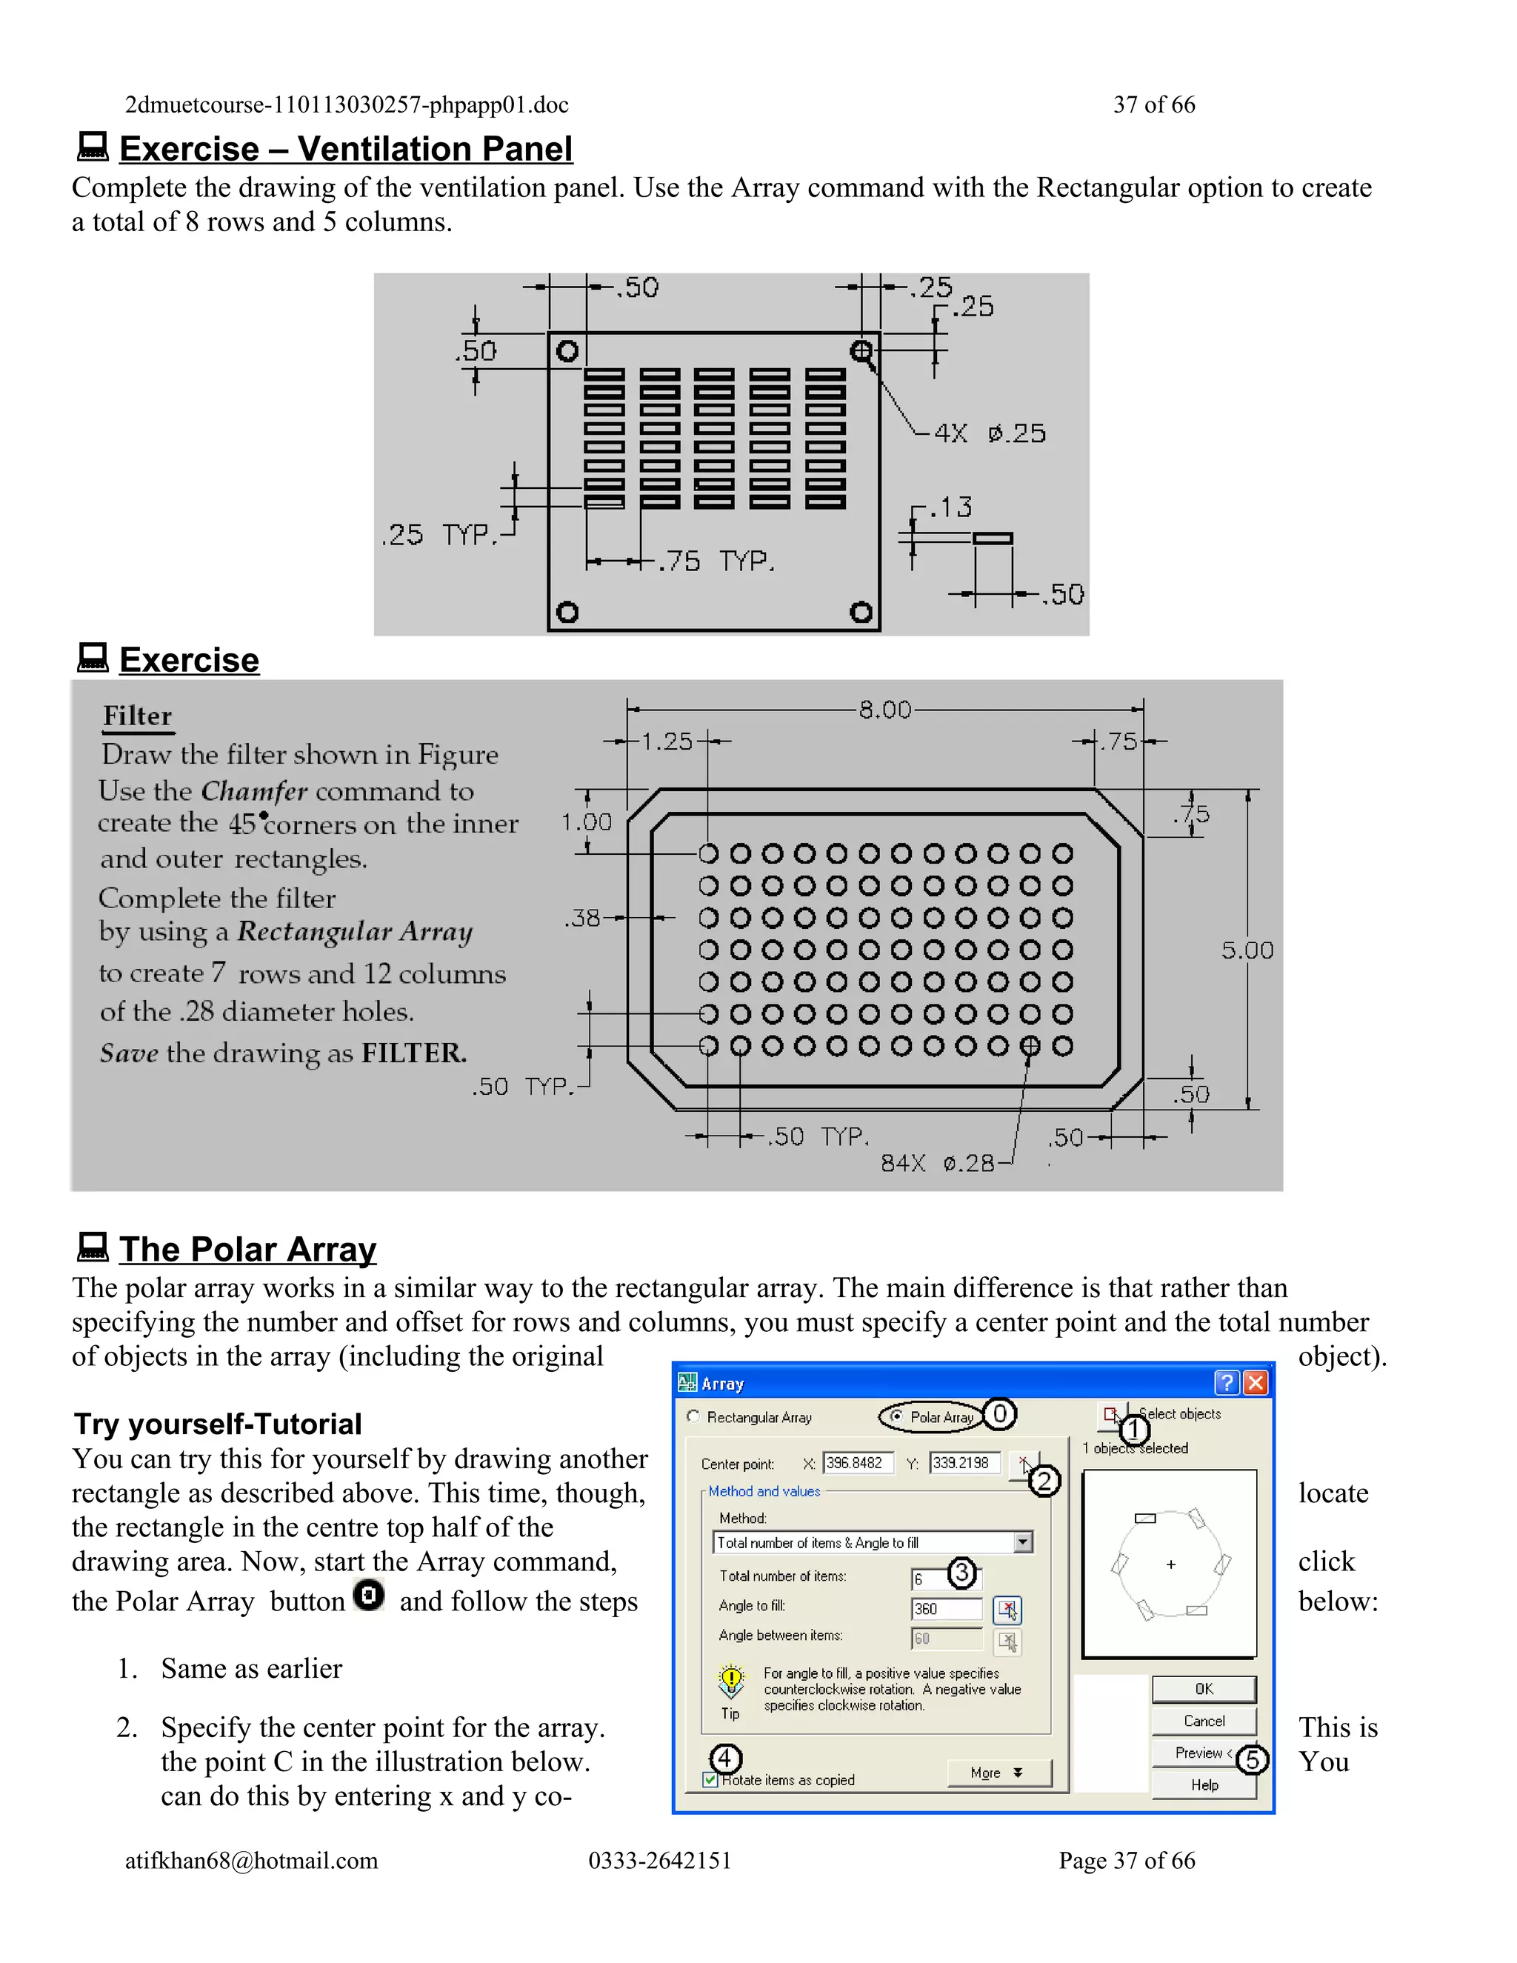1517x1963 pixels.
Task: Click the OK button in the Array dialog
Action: [1204, 1689]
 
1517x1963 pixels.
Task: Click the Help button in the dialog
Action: [1204, 1785]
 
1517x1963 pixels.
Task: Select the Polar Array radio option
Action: [896, 1416]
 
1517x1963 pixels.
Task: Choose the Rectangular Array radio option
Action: [693, 1416]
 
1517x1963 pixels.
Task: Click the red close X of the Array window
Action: [1256, 1382]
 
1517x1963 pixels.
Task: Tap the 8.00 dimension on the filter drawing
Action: [884, 710]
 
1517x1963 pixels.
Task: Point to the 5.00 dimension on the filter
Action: [1247, 950]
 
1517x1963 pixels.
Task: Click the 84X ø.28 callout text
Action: [937, 1163]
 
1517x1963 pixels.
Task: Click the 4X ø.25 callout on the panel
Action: [990, 433]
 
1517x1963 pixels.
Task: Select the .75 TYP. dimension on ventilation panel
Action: [716, 561]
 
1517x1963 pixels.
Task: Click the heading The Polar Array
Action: [247, 1250]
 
